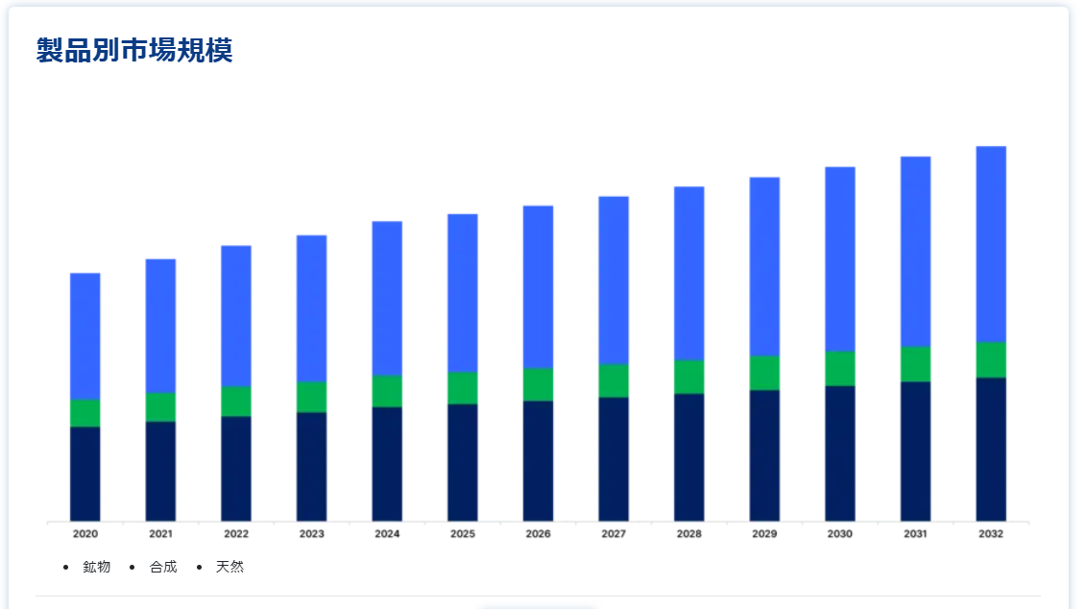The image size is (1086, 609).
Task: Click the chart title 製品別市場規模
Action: coord(134,50)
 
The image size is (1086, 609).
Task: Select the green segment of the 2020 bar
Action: coord(85,413)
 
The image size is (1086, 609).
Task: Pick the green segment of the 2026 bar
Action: coord(538,384)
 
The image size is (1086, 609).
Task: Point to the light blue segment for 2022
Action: coord(236,316)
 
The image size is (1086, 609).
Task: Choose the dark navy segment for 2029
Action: coord(764,455)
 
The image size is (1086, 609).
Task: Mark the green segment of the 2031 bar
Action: coord(915,364)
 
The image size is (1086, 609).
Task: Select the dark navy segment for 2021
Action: coord(160,471)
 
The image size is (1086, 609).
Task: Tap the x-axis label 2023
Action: coord(311,533)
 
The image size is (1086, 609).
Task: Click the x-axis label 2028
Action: coord(688,533)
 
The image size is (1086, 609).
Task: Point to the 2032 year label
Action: coord(991,533)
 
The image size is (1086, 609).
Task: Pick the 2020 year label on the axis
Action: coord(85,533)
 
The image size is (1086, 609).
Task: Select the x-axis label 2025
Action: coord(463,533)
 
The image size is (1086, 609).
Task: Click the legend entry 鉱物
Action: coord(96,567)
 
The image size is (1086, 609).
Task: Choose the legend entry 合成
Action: coord(163,567)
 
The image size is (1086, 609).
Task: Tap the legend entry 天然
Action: coord(229,567)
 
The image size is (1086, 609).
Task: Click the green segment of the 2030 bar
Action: coord(840,368)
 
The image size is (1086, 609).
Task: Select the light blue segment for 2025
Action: coord(463,293)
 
